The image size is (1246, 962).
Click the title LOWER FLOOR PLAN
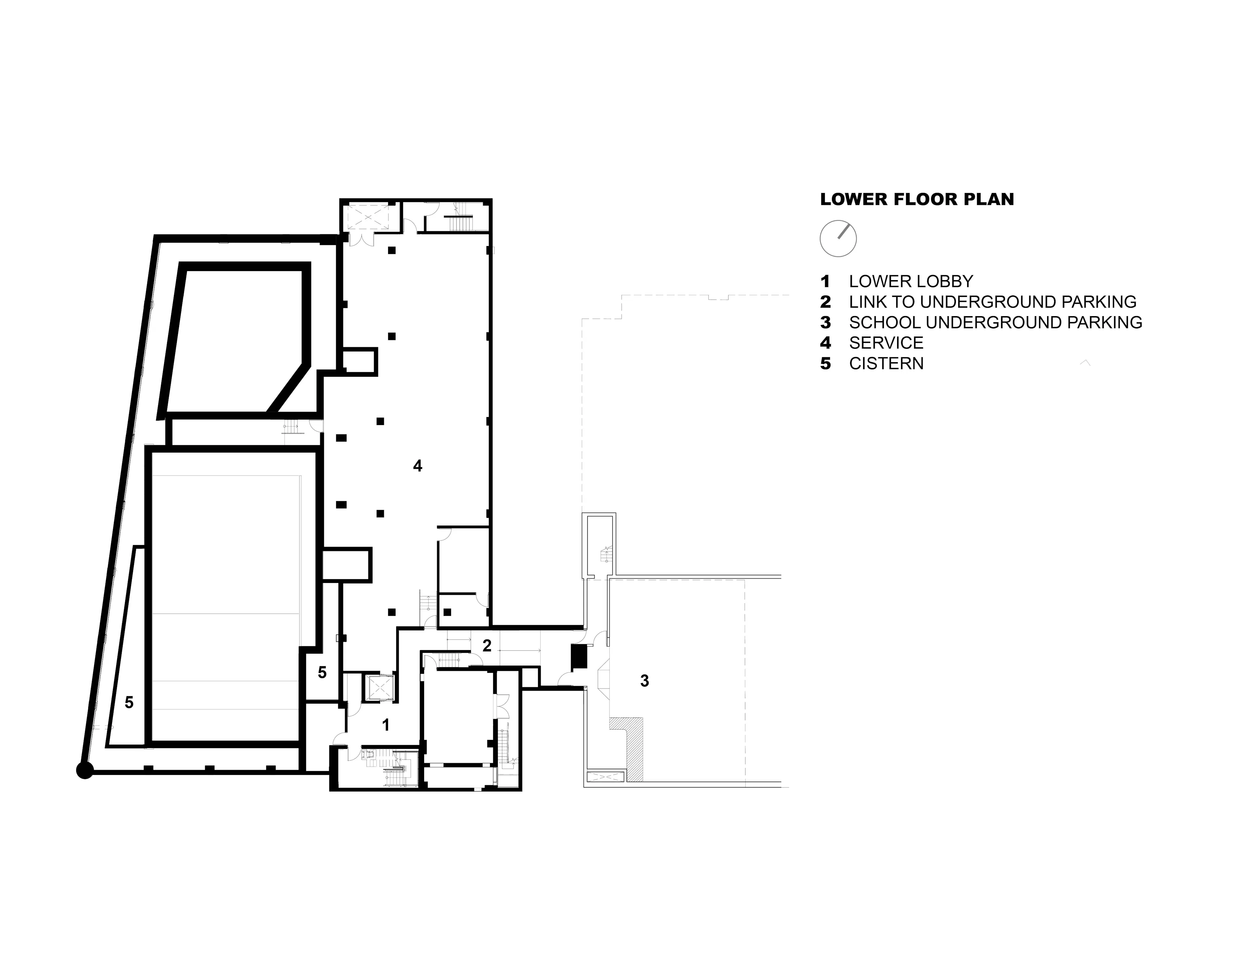[x=917, y=200]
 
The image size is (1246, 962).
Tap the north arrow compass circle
[x=838, y=238]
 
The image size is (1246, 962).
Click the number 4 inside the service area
[x=418, y=467]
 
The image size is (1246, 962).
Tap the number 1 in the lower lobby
[x=386, y=725]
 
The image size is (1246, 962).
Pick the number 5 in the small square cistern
[x=322, y=673]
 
